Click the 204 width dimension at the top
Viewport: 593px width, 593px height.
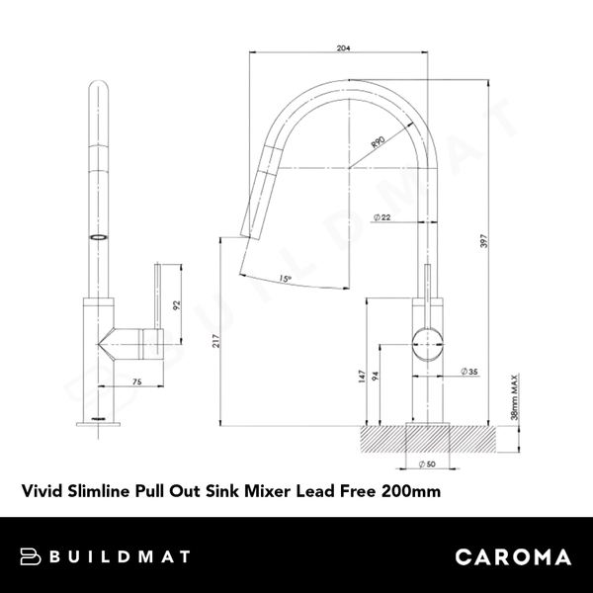click(x=343, y=46)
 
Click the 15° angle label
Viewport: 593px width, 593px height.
click(x=284, y=279)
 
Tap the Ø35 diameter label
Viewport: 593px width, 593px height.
click(x=468, y=372)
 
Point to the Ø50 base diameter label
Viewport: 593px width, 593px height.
click(x=426, y=463)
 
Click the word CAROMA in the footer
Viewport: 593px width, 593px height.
click(x=512, y=556)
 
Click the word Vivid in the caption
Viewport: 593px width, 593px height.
click(x=40, y=488)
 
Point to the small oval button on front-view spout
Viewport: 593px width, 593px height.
click(x=97, y=237)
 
